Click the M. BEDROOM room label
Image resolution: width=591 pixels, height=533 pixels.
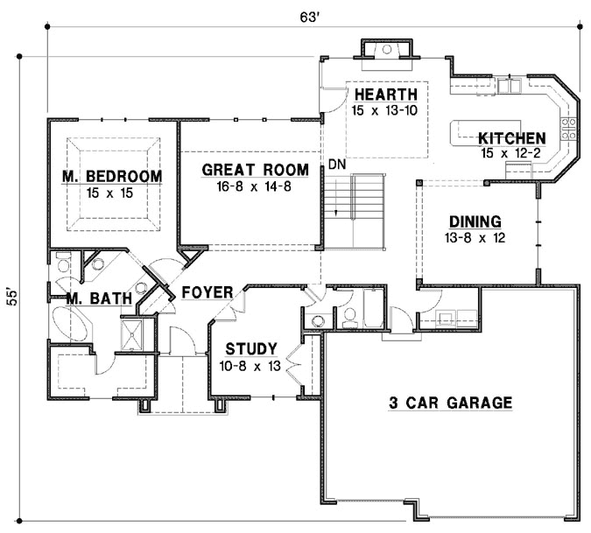tap(112, 176)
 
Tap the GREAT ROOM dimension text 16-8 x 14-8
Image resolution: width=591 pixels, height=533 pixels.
tap(255, 186)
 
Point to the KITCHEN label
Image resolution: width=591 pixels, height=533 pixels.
tap(512, 138)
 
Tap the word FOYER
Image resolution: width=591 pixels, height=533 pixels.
tap(207, 292)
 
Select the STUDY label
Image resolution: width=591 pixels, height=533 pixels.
tap(251, 347)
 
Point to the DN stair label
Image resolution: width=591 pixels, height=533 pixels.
tap(337, 165)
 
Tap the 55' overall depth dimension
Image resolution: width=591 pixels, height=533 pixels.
tap(11, 295)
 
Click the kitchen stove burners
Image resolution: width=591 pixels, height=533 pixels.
tap(569, 129)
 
